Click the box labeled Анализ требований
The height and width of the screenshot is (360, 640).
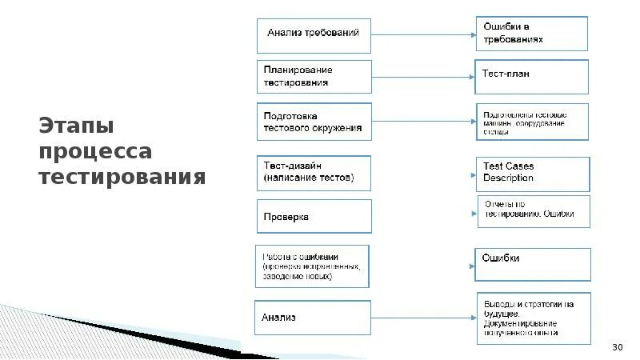tap(314, 34)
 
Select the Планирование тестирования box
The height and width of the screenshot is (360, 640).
tap(314, 77)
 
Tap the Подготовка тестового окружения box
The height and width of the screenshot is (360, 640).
tap(314, 121)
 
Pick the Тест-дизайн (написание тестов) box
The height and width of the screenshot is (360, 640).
tap(314, 171)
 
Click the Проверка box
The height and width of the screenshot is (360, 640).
tap(314, 216)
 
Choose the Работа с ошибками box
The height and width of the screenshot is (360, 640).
tap(313, 266)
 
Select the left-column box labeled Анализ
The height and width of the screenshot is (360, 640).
tap(313, 318)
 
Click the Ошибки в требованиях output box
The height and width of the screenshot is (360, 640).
tap(532, 34)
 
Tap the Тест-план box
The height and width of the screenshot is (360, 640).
tap(532, 76)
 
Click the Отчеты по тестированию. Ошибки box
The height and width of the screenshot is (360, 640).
tap(534, 211)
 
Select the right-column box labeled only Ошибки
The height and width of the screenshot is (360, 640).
tap(533, 264)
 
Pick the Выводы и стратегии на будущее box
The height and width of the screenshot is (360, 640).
tap(533, 318)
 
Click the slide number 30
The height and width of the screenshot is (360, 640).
tap(617, 346)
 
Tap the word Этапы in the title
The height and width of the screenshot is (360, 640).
tap(76, 126)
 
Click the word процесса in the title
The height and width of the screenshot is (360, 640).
tap(95, 151)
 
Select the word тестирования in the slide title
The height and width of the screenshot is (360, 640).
tap(122, 176)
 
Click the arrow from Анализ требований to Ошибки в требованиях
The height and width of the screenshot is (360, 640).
tap(423, 34)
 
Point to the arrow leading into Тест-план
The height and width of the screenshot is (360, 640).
tap(423, 78)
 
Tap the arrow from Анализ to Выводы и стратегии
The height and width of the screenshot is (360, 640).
tap(423, 318)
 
